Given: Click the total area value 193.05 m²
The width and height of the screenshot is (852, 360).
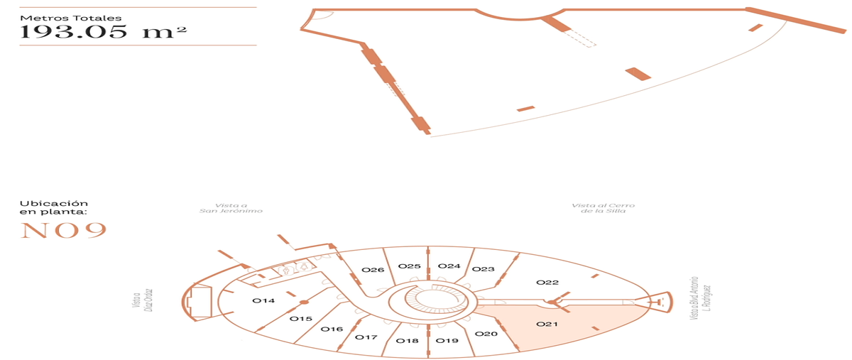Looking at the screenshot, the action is point(103,31).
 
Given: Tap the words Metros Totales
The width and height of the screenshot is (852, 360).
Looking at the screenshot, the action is point(71,18).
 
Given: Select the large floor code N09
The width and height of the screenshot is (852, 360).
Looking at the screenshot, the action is point(63,231).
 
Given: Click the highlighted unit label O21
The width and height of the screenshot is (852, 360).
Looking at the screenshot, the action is point(547,324).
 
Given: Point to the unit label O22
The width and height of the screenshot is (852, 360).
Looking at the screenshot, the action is point(547,283).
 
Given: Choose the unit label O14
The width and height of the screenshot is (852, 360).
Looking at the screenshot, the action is point(263,300).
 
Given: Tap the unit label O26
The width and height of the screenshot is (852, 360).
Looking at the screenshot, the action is point(373,270).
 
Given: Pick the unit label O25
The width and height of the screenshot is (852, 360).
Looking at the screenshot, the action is point(409,266).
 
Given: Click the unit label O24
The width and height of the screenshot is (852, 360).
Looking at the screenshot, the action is point(449,266).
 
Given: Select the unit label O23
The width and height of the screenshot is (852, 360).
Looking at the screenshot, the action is point(483,269).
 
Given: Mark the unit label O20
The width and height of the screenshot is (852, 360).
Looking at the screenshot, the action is point(486,334).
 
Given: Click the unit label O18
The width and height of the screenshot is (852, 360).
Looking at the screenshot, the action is point(407,341).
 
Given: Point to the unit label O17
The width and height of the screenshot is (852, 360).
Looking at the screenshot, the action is point(366,337).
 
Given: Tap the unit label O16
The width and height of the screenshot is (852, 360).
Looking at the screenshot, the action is point(332,329).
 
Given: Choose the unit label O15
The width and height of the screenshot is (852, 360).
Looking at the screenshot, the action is point(300,319).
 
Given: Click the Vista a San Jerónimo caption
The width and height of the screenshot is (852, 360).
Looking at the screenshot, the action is point(231,208).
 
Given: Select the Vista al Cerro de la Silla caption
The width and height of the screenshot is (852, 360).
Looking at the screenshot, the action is point(603,208).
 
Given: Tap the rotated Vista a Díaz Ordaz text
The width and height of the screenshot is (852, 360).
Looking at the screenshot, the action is point(143,300).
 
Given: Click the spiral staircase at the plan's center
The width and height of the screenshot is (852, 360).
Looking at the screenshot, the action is point(434,301).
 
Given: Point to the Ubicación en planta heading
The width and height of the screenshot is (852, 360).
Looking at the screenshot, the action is point(54,207).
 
